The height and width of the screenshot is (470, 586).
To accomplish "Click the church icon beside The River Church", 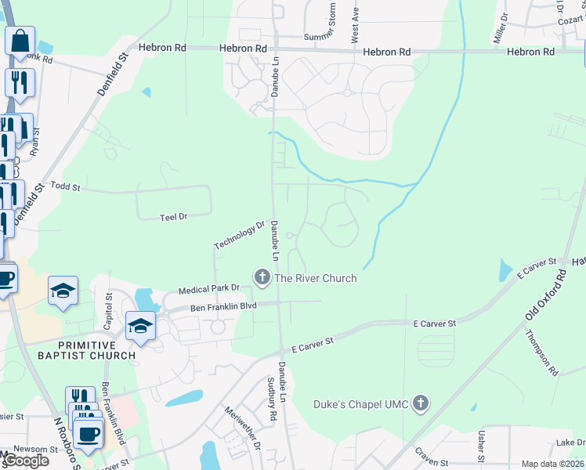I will (261, 277).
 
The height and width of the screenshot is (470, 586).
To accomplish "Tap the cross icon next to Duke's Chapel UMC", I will (421, 404).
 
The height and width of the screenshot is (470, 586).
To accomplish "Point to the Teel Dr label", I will (173, 216).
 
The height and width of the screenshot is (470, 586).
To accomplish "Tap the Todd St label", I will (66, 187).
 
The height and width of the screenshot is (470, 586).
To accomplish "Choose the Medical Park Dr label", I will (208, 289).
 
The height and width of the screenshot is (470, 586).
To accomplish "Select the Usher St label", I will (481, 446).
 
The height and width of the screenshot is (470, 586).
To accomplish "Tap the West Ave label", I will (355, 25).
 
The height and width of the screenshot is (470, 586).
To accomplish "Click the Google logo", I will (25, 461).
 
